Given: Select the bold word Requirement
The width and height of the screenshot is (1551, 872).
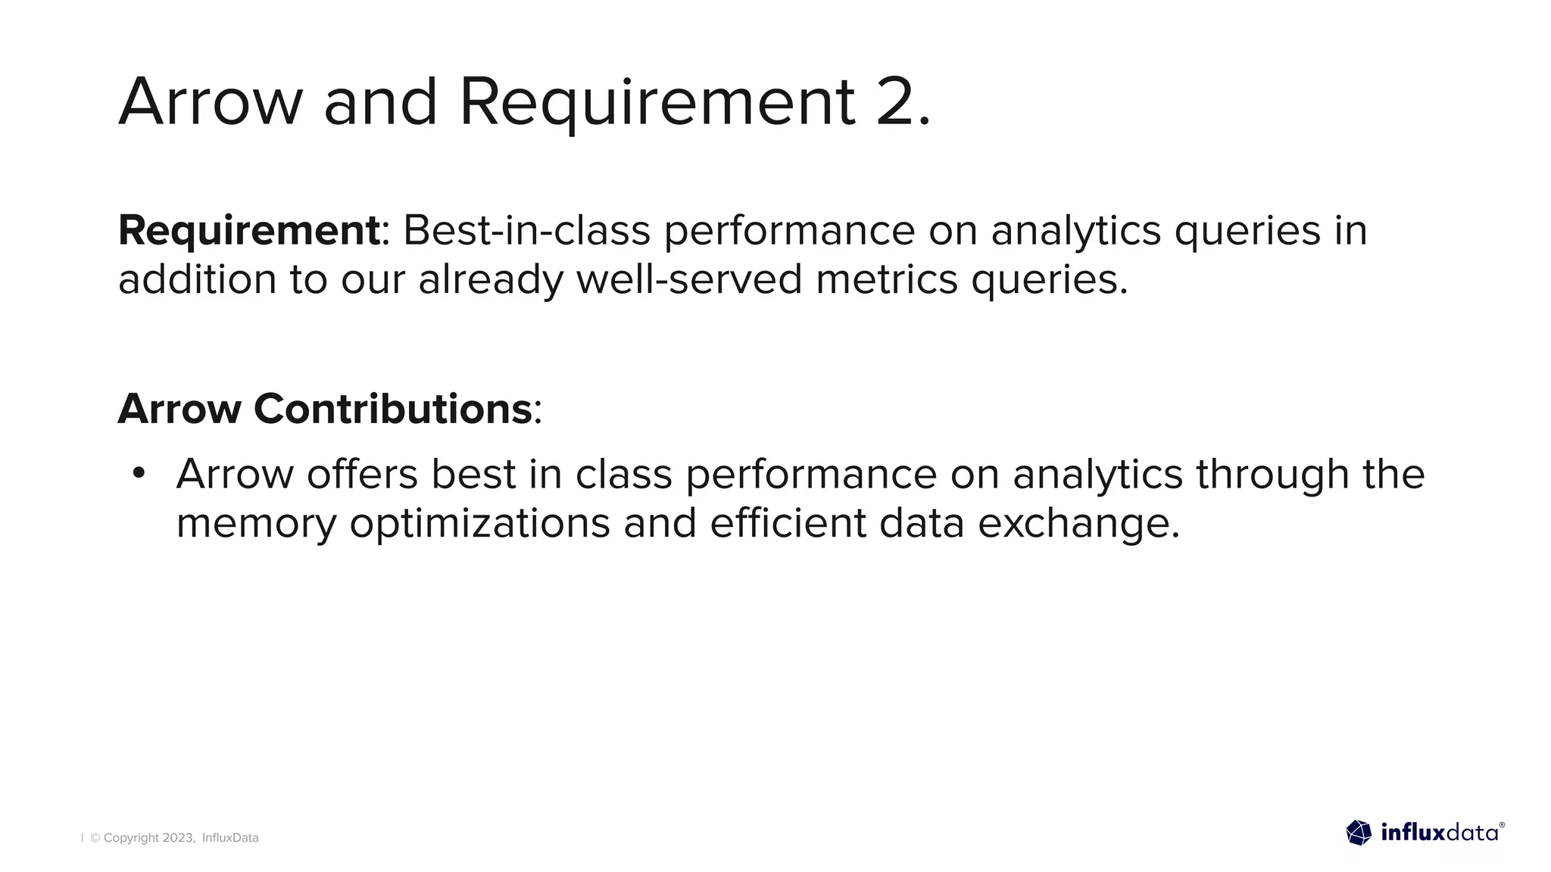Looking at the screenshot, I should coord(248,230).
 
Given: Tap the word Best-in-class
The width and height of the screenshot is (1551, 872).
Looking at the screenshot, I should coord(526,230).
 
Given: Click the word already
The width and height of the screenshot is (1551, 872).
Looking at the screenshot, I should coord(491,279).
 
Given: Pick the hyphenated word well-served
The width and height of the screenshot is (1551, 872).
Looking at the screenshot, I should coord(688,279).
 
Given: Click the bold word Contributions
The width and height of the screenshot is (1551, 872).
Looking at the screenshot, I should coord(392,409).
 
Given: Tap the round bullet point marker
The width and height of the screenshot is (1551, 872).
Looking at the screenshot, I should coord(138,474).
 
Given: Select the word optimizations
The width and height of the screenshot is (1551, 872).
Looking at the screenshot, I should coord(479,523).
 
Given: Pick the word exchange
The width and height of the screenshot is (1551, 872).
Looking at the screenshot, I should coord(1078,523).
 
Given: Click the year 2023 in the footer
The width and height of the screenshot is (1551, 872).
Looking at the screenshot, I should coord(179,838).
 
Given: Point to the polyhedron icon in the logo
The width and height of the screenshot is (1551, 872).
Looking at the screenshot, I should coord(1359,833).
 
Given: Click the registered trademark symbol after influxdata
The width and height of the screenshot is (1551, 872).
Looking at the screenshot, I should coord(1502,825).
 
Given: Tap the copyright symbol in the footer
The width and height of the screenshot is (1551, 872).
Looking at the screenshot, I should coord(95,838).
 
